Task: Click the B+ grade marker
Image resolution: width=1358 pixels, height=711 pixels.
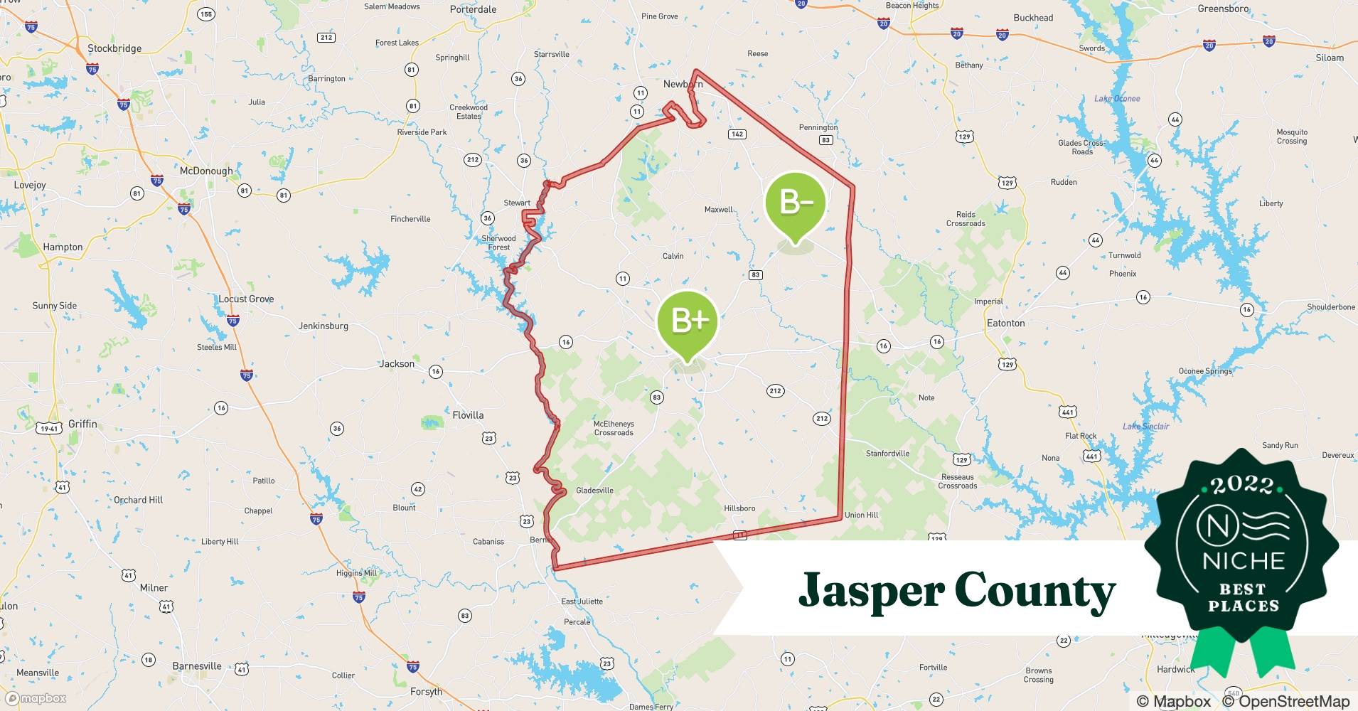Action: pos(688,324)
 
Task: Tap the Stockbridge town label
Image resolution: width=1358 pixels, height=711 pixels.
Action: pos(114,48)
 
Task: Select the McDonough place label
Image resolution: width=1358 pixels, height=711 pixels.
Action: pos(206,171)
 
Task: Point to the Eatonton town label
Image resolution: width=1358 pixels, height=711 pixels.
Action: pos(1005,323)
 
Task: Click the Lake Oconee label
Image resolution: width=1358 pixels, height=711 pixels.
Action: pos(1117,99)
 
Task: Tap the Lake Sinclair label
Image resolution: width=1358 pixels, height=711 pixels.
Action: pos(1145,426)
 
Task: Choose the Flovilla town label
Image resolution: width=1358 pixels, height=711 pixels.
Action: pos(468,415)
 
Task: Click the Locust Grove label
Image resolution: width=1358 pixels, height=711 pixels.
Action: pos(246,299)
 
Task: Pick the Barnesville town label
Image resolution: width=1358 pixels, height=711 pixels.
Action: pos(197,666)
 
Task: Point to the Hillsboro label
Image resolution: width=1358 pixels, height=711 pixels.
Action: pos(739,508)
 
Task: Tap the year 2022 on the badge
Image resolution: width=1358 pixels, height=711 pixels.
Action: pos(1243,486)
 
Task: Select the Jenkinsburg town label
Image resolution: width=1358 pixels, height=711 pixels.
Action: pos(324,326)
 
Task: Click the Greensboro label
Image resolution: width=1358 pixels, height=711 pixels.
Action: pos(1223,9)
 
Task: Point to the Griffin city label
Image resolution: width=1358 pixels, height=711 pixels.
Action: pos(82,424)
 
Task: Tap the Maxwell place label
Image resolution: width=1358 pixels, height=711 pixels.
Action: pos(718,210)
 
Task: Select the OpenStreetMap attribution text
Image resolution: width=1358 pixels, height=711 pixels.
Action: pos(1286,701)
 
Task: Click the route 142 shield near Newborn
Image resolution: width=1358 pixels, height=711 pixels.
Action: pos(737,134)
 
